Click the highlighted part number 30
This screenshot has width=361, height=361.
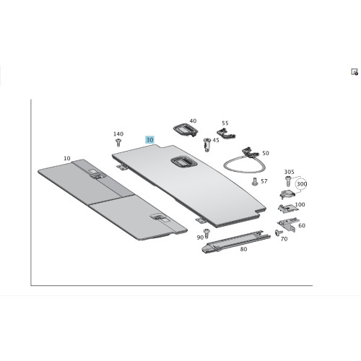tap(149, 139)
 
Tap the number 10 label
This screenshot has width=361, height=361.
tap(67, 158)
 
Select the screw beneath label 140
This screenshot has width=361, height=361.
tap(118, 142)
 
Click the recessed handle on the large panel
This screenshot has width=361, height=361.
tap(184, 162)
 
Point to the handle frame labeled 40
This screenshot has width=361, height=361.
tap(186, 129)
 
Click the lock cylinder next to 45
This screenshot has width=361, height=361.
tap(207, 144)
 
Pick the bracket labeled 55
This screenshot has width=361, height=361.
tap(226, 134)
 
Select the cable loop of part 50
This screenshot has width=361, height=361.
tap(244, 164)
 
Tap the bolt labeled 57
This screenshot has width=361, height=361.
tap(255, 182)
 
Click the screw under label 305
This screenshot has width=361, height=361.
tap(288, 181)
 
